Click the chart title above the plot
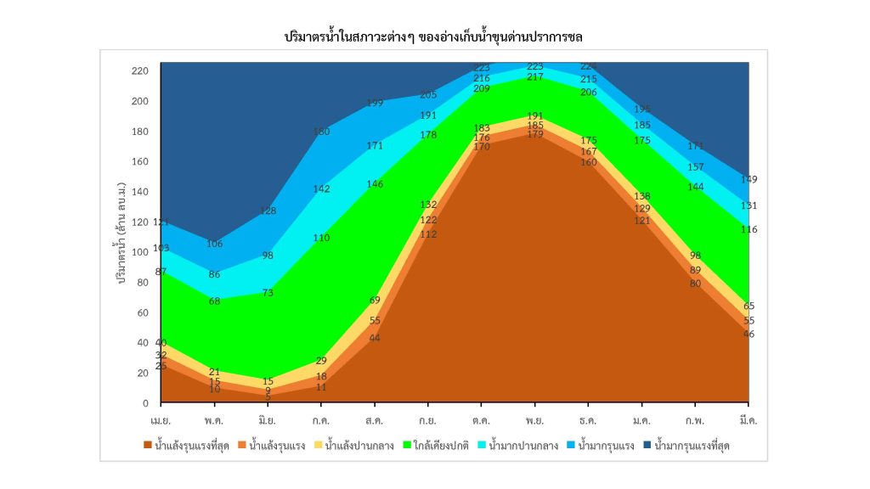click(x=434, y=37)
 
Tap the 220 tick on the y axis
click(x=140, y=70)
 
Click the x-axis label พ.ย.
click(x=535, y=420)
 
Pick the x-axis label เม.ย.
click(x=161, y=420)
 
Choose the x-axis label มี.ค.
click(x=749, y=420)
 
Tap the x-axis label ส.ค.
click(x=375, y=420)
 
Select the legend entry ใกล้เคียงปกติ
click(x=438, y=445)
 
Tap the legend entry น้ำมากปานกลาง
click(x=520, y=445)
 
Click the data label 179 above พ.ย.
click(x=535, y=134)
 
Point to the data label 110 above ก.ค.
click(x=321, y=238)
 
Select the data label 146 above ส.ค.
click(x=375, y=183)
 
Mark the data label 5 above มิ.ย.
click(x=268, y=396)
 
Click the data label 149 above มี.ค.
click(x=749, y=179)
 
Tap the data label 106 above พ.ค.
click(x=214, y=244)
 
